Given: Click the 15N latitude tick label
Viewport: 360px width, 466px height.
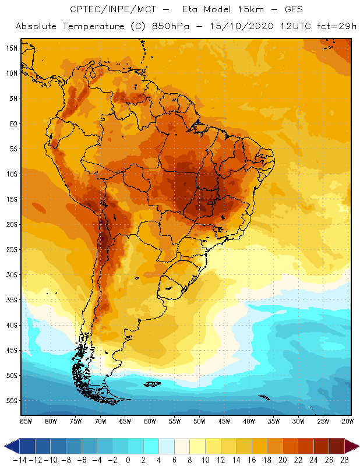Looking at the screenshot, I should [x=12, y=48].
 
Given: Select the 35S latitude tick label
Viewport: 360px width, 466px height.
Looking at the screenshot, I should [x=12, y=300].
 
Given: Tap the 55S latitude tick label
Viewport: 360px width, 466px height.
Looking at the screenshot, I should [x=12, y=401].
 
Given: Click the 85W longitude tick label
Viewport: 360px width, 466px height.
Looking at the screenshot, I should [x=26, y=421].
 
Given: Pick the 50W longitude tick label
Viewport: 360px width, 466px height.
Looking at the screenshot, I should [x=200, y=421].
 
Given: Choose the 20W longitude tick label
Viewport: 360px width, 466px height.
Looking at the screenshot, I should [x=348, y=421].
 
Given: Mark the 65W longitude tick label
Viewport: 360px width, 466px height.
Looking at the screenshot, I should [x=125, y=421].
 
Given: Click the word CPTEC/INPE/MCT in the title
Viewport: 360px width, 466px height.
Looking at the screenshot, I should [x=108, y=10].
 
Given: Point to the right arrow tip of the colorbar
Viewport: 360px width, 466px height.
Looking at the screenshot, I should [x=356, y=446].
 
